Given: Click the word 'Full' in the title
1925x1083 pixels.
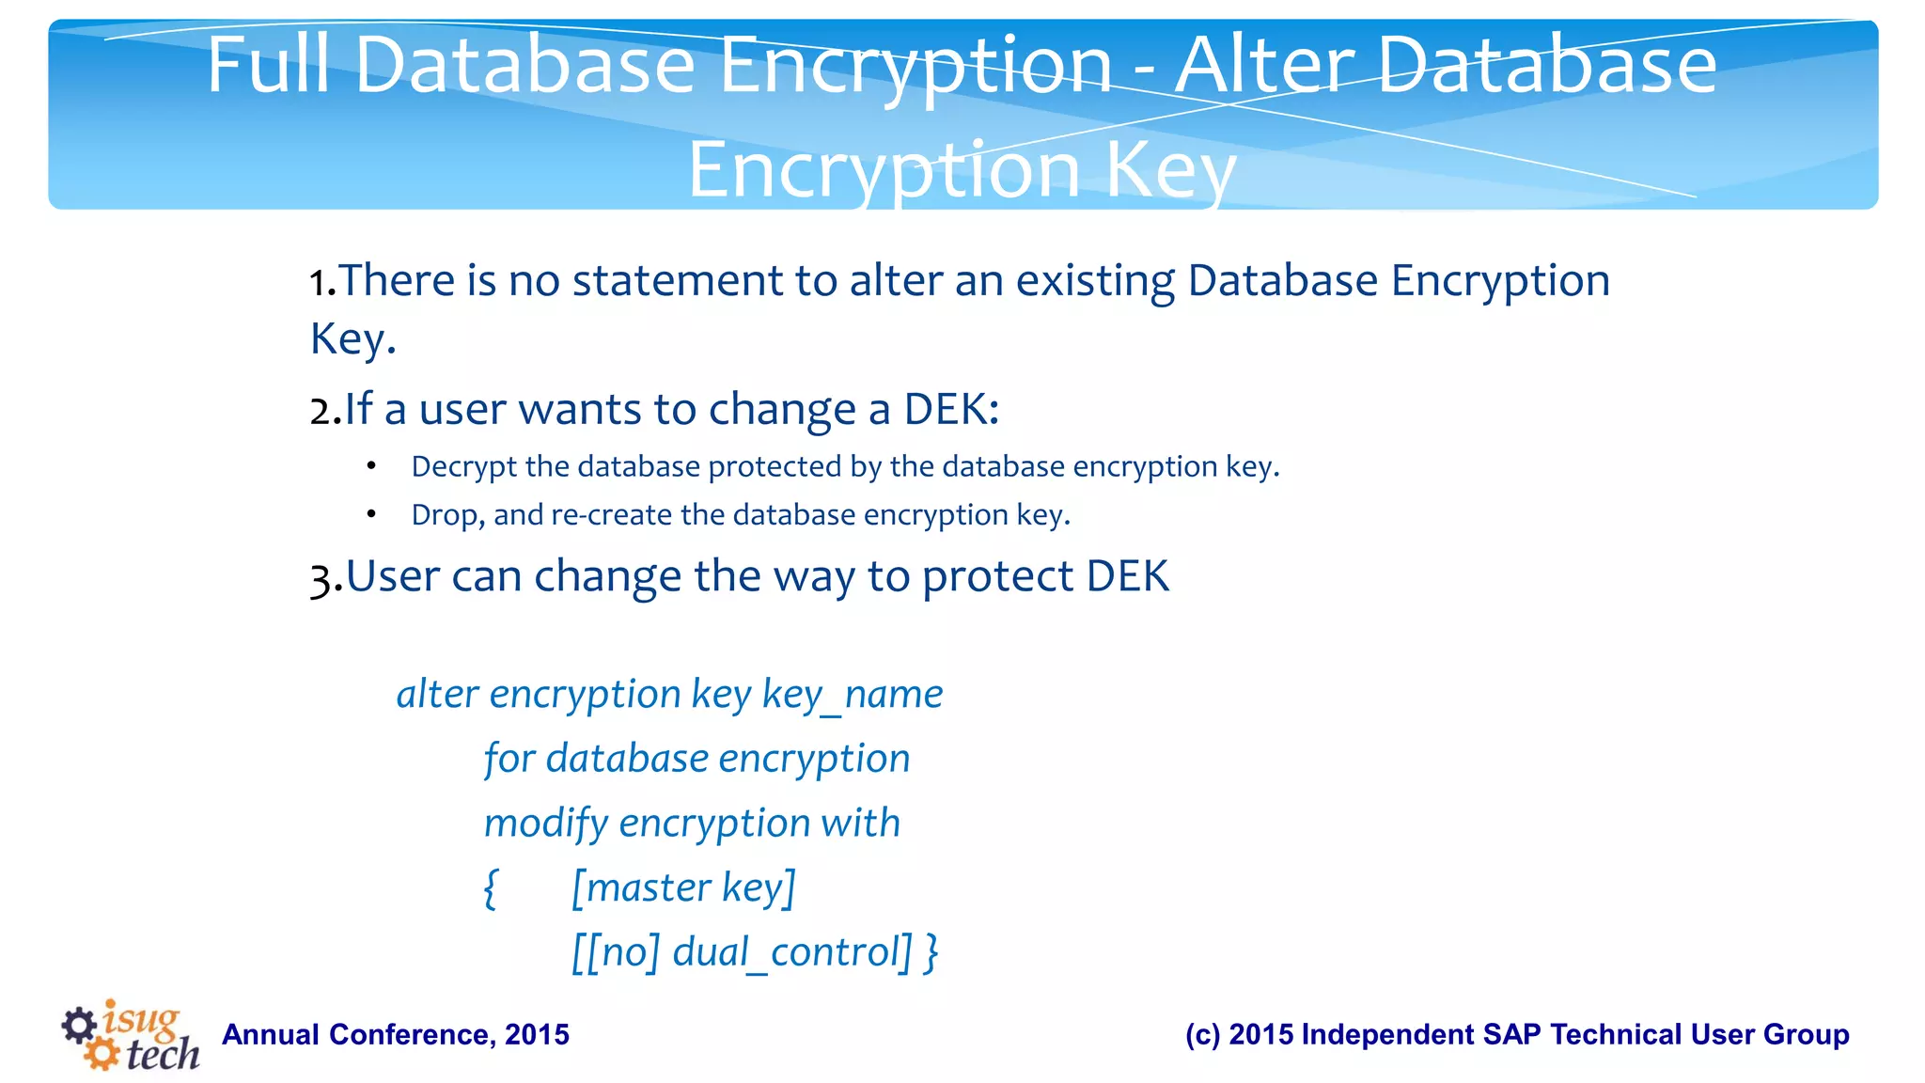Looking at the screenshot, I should (269, 66).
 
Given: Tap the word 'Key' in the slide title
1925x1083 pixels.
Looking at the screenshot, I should (1169, 171).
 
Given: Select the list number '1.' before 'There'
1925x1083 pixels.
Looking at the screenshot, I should (322, 282).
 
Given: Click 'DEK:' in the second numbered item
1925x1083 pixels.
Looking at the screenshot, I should (951, 410).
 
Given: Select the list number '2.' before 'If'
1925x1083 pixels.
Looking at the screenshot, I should (324, 411).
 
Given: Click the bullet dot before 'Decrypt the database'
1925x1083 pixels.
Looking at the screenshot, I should (372, 466).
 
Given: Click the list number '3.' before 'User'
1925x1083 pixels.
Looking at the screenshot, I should (325, 577).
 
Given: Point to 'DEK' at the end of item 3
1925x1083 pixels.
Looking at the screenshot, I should (1127, 576).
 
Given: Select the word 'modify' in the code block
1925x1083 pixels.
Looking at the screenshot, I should (546, 824).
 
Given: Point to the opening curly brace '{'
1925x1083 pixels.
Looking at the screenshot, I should (490, 888).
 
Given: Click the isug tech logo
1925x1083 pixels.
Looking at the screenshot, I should (132, 1034).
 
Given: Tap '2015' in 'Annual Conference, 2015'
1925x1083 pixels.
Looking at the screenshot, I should (537, 1035).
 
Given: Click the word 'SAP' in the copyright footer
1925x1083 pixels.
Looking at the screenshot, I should (1511, 1035).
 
